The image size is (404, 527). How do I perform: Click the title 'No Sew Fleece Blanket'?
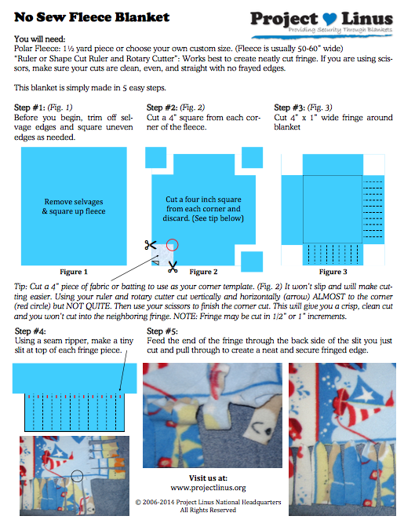pos(92,17)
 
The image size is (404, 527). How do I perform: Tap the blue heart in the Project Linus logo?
pos(329,19)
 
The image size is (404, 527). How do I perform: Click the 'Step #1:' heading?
pos(30,108)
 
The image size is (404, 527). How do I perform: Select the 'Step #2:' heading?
pos(162,108)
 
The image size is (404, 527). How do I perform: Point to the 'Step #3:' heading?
pos(289,108)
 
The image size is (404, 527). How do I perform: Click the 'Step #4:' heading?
pos(31,331)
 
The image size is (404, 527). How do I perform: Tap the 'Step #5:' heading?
pos(162,331)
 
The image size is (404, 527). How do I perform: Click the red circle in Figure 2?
pos(173,245)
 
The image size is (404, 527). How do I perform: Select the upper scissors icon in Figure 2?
pos(151,245)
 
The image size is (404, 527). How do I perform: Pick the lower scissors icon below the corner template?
pos(173,267)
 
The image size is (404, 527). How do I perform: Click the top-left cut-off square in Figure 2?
pos(155,157)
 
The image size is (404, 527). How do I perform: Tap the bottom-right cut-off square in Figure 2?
pos(252,262)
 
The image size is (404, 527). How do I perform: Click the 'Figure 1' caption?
pos(74,272)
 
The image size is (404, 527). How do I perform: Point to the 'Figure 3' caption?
pos(333,272)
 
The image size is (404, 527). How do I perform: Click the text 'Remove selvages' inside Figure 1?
pos(74,202)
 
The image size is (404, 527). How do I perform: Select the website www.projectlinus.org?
pos(208,488)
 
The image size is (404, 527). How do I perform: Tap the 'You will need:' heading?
pos(40,39)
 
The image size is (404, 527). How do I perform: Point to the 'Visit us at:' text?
pos(208,478)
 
